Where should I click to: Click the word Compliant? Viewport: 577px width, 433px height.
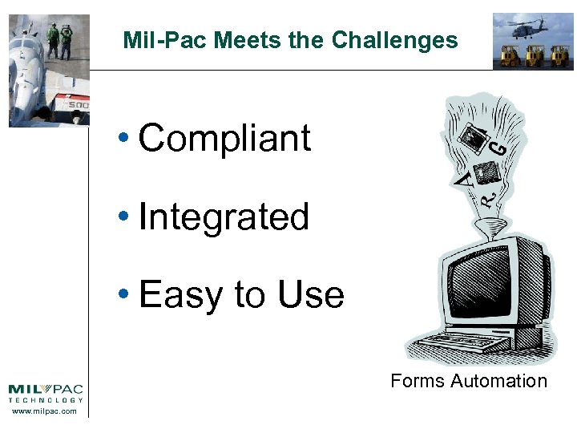224,138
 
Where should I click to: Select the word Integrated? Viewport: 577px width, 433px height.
224,217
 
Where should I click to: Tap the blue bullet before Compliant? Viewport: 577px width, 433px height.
123,140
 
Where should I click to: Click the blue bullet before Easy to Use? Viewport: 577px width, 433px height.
123,296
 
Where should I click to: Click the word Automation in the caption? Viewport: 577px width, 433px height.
498,381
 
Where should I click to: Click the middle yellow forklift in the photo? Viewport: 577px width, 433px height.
533,56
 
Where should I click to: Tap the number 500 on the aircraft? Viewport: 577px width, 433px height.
78,105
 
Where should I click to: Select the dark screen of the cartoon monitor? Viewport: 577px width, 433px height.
480,281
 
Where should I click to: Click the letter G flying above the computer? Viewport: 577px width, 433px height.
498,147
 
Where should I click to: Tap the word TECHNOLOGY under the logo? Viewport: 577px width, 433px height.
46,400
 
